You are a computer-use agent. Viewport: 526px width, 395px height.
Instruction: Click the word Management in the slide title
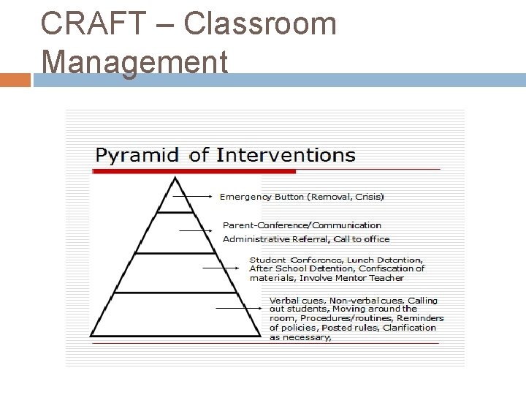click(135, 61)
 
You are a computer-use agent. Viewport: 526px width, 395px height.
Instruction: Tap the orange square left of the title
click(15, 79)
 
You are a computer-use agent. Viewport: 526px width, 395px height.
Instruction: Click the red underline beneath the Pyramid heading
click(194, 172)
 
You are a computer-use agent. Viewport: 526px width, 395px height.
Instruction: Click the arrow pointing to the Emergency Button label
click(199, 196)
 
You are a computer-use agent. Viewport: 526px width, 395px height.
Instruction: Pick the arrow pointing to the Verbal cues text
click(241, 308)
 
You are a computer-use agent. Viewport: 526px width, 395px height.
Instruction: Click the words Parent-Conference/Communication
click(302, 225)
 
